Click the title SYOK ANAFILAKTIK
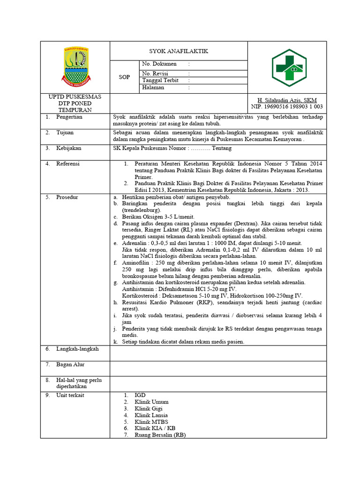pos(178,51)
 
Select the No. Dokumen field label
pos(159,64)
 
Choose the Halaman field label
pos(153,88)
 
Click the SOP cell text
pos(124,77)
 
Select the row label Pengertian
pos(69,117)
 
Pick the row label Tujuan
pos(65,133)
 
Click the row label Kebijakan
pos(68,149)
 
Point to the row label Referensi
pos(68,164)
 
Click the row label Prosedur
pos(67,197)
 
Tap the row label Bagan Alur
pos(70,365)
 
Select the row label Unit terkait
pos(71,396)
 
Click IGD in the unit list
pos(140,396)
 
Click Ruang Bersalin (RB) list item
pos(160,435)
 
